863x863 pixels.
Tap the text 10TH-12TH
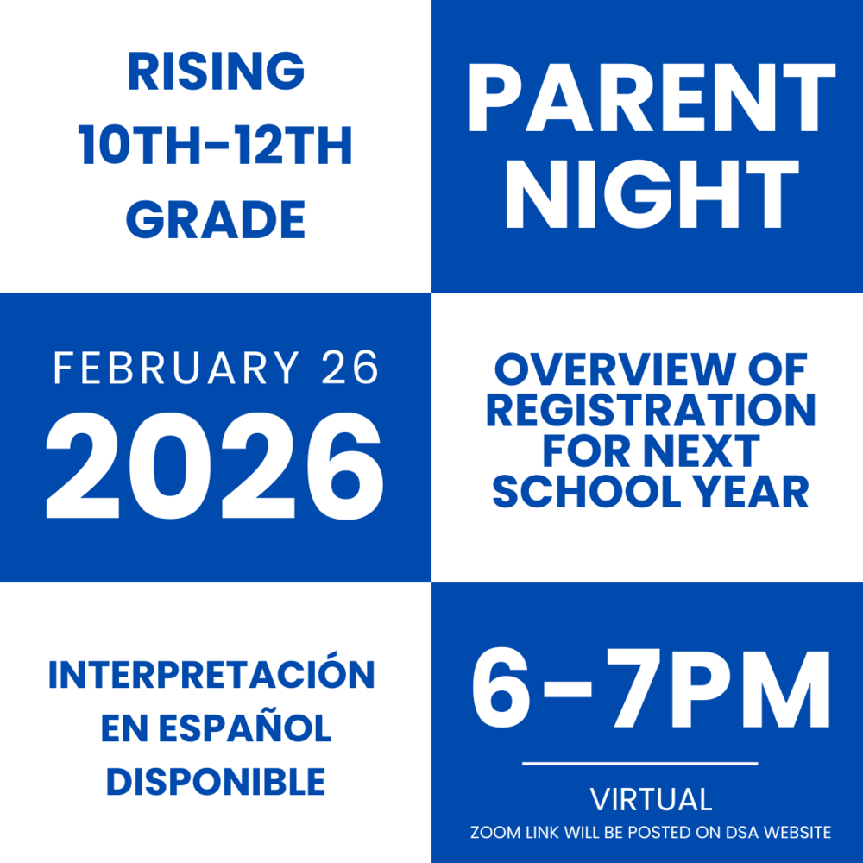tap(216, 146)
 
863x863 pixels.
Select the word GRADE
tap(216, 220)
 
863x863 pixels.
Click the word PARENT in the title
tap(652, 99)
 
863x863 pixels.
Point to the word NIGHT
tap(652, 198)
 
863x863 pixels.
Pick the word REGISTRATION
tap(651, 412)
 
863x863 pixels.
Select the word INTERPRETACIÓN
tap(212, 676)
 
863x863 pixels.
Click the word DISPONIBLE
tap(215, 782)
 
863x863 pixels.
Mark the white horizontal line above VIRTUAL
tap(640, 764)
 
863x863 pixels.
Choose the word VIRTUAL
tap(651, 799)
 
